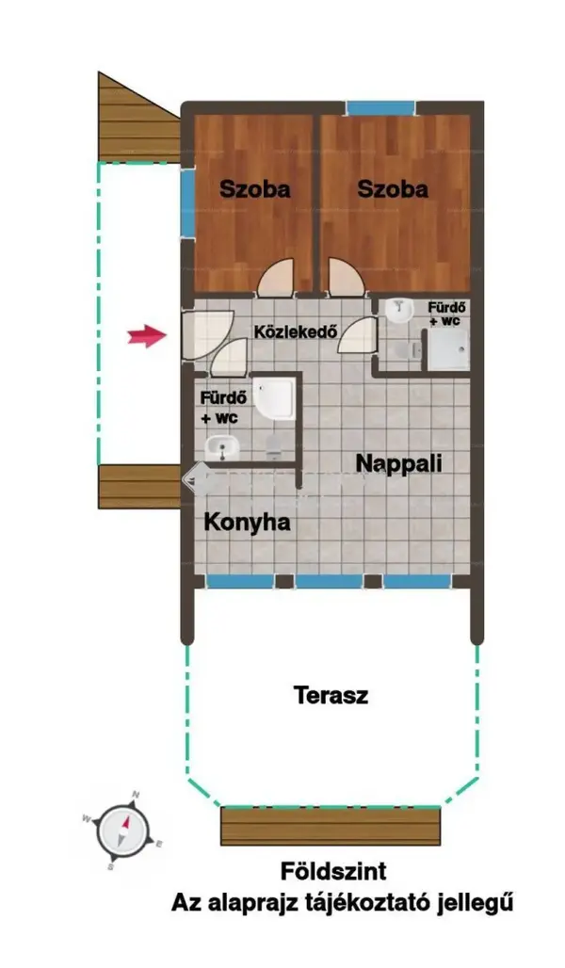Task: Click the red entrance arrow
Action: (x=148, y=336)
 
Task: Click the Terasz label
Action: (x=331, y=695)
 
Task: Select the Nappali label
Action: (x=399, y=463)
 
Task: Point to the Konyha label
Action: (x=247, y=523)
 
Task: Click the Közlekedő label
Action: (x=296, y=331)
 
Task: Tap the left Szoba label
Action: (x=254, y=189)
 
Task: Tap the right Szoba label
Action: (x=392, y=189)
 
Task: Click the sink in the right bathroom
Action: (x=399, y=311)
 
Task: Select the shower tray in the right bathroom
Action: (x=447, y=350)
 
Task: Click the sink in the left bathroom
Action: (x=222, y=447)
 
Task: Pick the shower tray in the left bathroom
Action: (x=274, y=399)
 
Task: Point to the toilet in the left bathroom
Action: (x=273, y=445)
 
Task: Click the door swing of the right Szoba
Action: (x=346, y=278)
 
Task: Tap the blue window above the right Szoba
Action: (x=379, y=108)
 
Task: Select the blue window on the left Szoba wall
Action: (x=187, y=199)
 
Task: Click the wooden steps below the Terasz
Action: (x=331, y=826)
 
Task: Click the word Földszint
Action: (x=333, y=872)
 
